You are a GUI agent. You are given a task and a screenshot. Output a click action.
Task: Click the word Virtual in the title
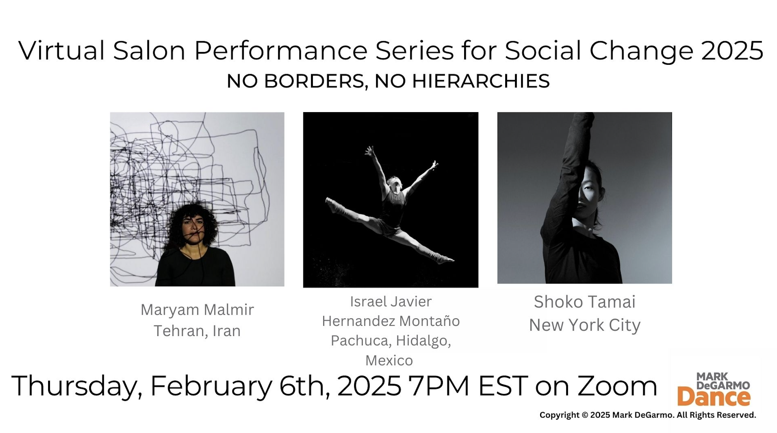click(61, 51)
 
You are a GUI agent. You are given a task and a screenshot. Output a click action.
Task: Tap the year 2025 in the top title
click(732, 51)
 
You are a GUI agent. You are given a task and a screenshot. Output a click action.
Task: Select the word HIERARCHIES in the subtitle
click(481, 81)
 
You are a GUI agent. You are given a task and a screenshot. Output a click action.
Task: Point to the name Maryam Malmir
click(197, 310)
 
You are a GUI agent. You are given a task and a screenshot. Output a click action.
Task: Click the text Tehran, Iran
click(197, 331)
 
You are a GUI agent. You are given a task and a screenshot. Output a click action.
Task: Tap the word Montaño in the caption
click(429, 321)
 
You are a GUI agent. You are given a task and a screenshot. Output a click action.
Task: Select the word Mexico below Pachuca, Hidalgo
click(389, 360)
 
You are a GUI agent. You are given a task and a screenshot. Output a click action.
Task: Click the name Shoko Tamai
click(585, 302)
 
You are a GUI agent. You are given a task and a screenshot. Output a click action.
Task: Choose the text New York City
click(585, 325)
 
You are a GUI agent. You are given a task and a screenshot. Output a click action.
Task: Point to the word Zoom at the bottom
click(617, 386)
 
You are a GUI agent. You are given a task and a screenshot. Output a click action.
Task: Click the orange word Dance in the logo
click(714, 397)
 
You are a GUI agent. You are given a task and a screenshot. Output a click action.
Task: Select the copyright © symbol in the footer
click(585, 415)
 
